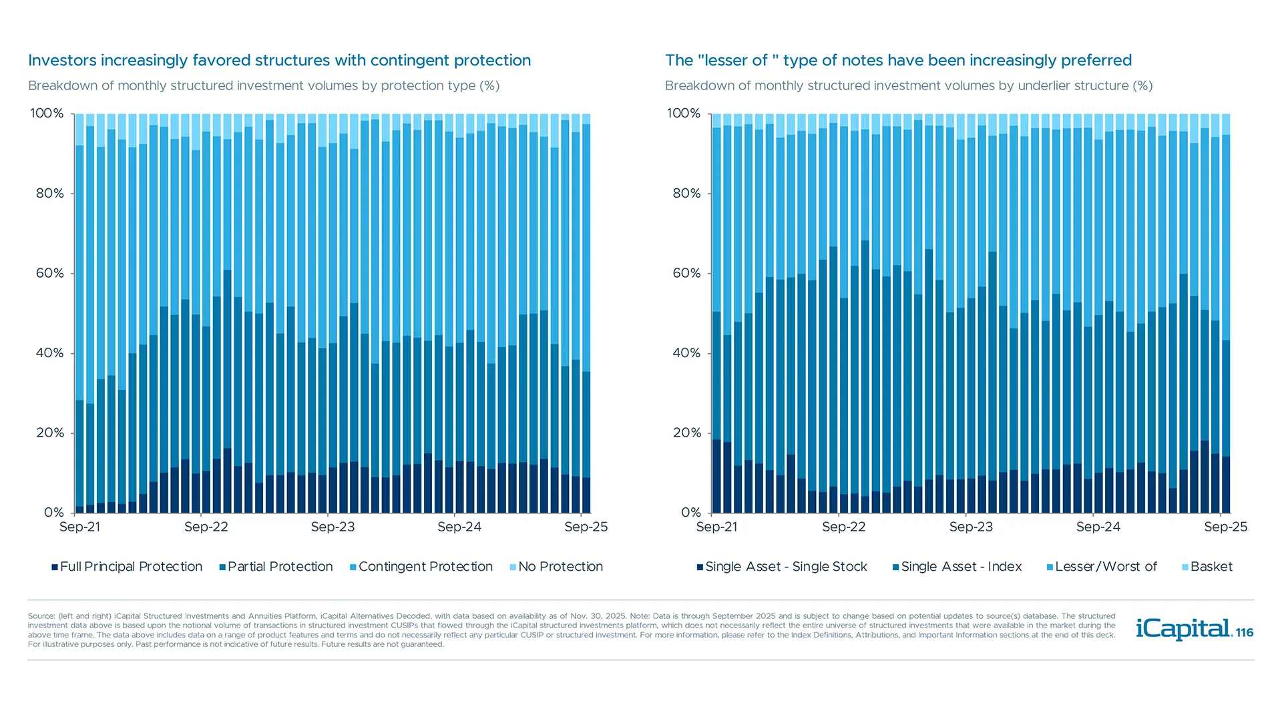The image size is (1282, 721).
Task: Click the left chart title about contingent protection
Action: [279, 60]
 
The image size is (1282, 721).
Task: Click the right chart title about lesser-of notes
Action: [898, 60]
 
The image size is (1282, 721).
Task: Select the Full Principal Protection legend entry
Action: [127, 567]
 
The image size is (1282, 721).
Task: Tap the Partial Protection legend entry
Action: [276, 567]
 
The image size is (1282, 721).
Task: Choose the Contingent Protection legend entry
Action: [421, 567]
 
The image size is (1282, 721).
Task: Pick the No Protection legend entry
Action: [556, 567]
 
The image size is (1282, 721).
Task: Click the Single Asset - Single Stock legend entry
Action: [782, 567]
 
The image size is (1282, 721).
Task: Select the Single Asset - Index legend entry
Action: [957, 567]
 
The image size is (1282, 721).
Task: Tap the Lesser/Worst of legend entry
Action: [1102, 567]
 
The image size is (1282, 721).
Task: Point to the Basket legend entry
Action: [1207, 567]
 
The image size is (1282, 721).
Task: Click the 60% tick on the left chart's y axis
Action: [50, 273]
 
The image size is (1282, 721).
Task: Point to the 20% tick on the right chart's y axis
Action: [686, 433]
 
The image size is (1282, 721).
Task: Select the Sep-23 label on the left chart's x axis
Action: [333, 527]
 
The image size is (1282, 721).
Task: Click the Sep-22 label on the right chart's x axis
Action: [843, 527]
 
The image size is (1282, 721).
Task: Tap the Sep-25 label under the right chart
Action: [1225, 527]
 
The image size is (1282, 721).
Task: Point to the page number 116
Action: [1245, 633]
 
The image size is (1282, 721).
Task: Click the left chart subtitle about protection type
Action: [264, 85]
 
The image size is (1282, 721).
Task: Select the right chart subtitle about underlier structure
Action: [909, 85]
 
